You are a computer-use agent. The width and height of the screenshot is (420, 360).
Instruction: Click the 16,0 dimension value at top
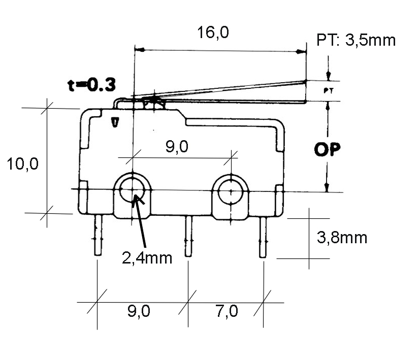click(x=214, y=33)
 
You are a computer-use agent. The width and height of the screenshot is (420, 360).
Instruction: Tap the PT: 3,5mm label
click(x=356, y=40)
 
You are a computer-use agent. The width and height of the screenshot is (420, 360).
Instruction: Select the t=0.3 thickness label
click(x=91, y=84)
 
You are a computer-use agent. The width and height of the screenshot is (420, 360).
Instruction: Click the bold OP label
click(x=328, y=150)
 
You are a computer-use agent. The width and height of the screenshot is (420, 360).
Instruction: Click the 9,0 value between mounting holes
click(x=177, y=147)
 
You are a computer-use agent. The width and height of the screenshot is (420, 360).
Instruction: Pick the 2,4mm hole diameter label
click(x=147, y=257)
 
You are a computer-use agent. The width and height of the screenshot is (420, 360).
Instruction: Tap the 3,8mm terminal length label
click(x=341, y=237)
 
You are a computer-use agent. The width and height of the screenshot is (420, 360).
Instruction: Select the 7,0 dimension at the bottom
click(x=227, y=311)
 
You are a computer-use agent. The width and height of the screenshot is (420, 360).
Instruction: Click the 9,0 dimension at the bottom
click(x=138, y=311)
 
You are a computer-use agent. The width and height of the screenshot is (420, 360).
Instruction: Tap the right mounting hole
click(x=231, y=191)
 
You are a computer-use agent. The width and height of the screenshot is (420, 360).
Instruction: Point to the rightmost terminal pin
click(x=263, y=237)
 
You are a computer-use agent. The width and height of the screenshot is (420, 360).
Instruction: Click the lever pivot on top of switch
click(x=153, y=101)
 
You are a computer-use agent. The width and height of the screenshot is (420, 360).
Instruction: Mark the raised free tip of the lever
click(x=305, y=81)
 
